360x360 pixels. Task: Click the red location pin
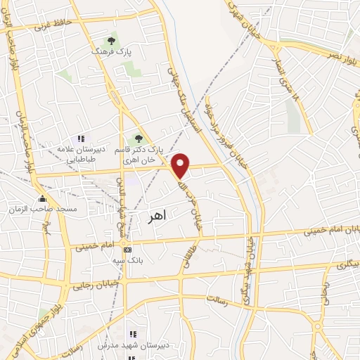pos(181,165)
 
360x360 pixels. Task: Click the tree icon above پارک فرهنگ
pos(110,41)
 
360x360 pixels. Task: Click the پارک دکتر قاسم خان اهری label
pos(156,155)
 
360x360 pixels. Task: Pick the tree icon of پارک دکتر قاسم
pos(139,139)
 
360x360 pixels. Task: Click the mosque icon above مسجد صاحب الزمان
pos(43,198)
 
